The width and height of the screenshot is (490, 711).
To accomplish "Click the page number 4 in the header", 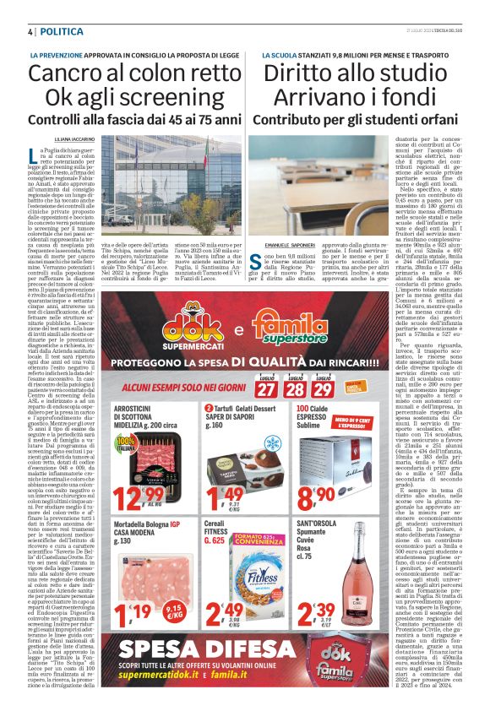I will coord(29,31).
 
